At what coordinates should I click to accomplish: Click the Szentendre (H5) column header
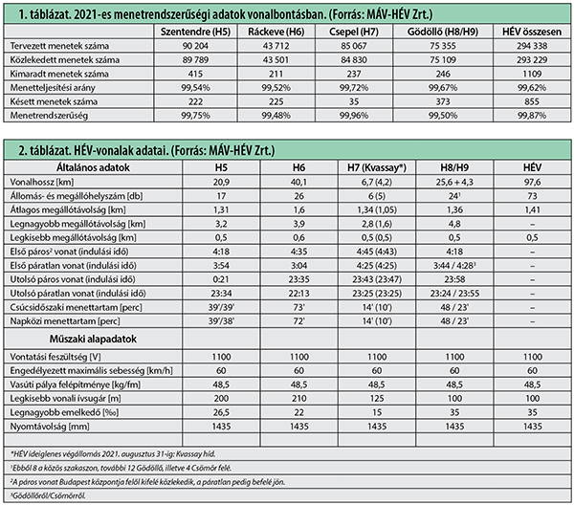tap(195, 32)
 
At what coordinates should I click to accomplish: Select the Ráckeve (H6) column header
tap(276, 32)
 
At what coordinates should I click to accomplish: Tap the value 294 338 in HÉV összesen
tap(532, 46)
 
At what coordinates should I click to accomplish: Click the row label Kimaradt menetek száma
tap(59, 74)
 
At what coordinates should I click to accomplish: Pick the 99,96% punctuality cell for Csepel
tap(354, 116)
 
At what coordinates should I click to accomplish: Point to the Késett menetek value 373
tap(443, 101)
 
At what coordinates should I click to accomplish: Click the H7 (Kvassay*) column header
tap(377, 167)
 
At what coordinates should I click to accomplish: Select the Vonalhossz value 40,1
tap(298, 182)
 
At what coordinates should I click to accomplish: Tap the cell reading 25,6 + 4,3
tap(454, 182)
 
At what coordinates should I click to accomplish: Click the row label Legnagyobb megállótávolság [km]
tap(77, 224)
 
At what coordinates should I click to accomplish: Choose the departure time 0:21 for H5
tap(221, 279)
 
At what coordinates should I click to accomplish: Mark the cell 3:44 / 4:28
tap(454, 265)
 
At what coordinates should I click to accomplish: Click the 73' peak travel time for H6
tap(298, 307)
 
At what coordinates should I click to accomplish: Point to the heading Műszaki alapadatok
tap(93, 339)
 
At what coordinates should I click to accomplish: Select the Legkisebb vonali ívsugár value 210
tap(298, 398)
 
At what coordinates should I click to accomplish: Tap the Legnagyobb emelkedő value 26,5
tap(221, 412)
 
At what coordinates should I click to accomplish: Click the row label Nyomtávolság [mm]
tap(50, 427)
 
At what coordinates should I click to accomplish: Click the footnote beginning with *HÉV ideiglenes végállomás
tap(113, 453)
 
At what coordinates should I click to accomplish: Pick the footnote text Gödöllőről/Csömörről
tap(48, 495)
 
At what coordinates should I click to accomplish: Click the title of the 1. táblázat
tap(226, 14)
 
